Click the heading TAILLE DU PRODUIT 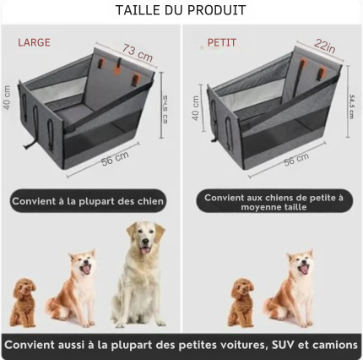pos(181,11)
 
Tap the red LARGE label pos(34,42)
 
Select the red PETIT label pos(222,42)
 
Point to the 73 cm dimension pos(138,53)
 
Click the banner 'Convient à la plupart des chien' pos(87,201)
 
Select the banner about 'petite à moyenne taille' pos(274,202)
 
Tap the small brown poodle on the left pos(24,303)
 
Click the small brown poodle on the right pos(241,303)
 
